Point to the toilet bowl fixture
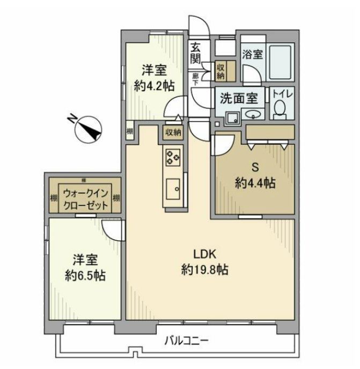279,109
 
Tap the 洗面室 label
240,98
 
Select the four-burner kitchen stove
174,156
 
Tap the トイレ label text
281,94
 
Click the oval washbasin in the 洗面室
252,114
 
